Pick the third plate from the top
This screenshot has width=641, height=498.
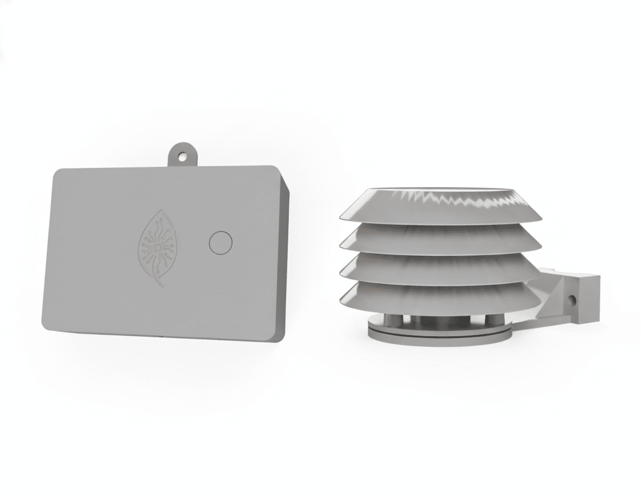[440, 268]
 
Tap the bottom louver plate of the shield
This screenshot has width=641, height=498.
[440, 297]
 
